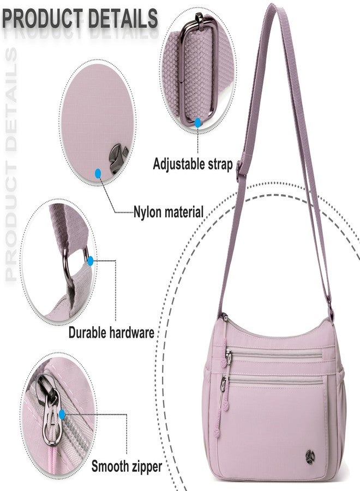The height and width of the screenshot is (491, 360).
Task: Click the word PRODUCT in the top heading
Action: (42, 19)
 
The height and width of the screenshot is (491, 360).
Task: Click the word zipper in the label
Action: (145, 467)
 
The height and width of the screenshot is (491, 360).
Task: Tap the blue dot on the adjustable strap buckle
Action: (197, 122)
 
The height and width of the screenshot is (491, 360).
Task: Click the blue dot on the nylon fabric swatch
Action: (98, 173)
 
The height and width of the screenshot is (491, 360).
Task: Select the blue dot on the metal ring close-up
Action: (91, 261)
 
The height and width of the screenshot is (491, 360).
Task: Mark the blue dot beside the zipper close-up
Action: (62, 415)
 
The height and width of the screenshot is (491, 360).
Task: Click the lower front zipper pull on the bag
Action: (224, 384)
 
